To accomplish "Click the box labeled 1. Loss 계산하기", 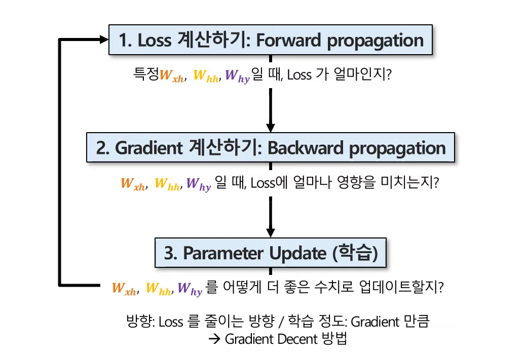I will (x=271, y=40).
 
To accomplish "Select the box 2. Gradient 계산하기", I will (x=271, y=147).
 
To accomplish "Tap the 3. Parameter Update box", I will (x=271, y=253).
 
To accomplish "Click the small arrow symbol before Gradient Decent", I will (x=215, y=339).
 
